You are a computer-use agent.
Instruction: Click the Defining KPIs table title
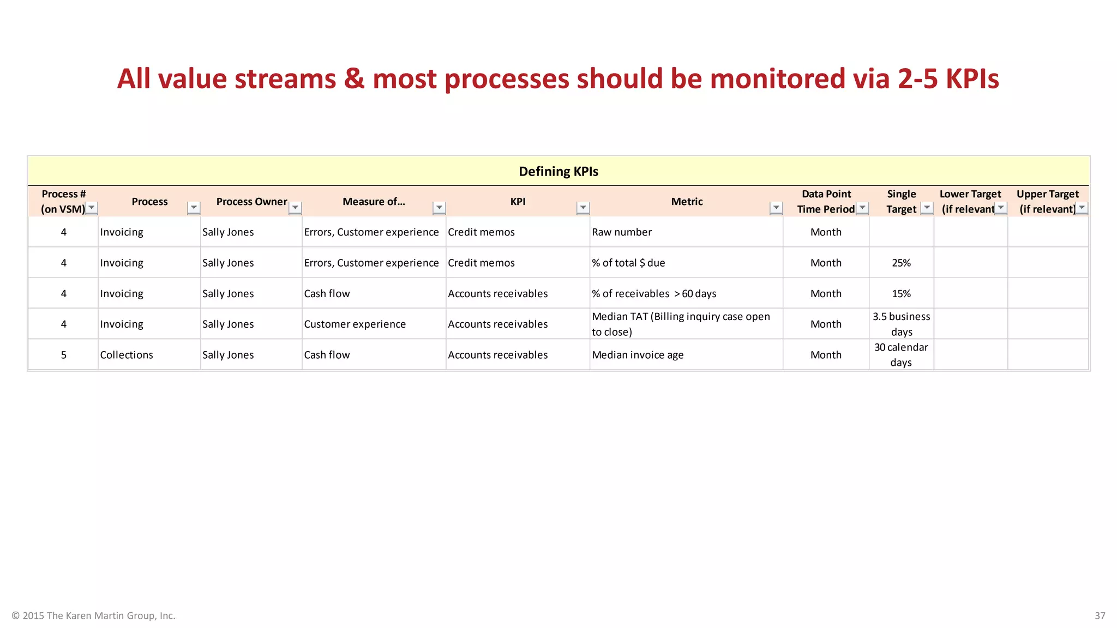pos(558,171)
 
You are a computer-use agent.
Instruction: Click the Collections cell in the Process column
pos(127,355)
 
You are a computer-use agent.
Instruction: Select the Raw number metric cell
pos(622,232)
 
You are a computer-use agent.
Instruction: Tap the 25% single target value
pos(901,263)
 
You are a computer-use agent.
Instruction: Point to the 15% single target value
pos(901,293)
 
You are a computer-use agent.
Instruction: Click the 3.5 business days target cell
pos(901,324)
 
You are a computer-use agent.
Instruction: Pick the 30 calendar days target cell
pos(901,355)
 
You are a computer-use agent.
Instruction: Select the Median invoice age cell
pos(638,355)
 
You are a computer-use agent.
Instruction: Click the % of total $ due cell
pos(628,263)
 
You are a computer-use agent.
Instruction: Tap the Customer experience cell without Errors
pos(355,324)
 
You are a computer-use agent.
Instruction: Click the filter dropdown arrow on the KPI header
pos(583,208)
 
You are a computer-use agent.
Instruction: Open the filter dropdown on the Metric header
pos(776,208)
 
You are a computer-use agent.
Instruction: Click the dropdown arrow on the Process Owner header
pos(295,208)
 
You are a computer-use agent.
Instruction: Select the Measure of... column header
pos(374,202)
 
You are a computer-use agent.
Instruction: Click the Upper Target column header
pos(1047,201)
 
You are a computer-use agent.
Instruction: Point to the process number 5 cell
pos(64,355)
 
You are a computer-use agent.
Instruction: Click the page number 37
pos(1100,615)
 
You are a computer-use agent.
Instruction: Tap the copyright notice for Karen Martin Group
pos(93,615)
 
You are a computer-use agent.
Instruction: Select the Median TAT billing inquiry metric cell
pos(681,324)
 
